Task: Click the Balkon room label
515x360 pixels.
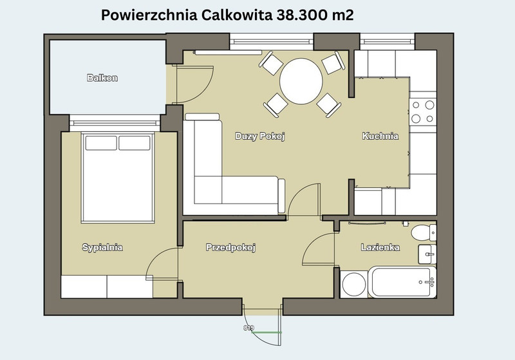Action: click(x=102, y=78)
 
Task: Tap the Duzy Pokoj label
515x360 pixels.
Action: click(x=260, y=136)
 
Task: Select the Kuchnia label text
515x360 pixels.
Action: click(x=380, y=136)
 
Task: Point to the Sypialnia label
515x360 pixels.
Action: click(x=102, y=247)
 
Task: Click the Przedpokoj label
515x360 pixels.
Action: click(x=230, y=247)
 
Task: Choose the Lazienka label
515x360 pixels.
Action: click(x=380, y=247)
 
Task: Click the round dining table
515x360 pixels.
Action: click(x=301, y=81)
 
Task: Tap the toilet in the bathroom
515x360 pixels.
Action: click(x=424, y=232)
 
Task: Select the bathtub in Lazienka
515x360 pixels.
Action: click(x=402, y=282)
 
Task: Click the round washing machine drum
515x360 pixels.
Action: click(x=353, y=285)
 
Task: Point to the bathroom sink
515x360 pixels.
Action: click(x=427, y=254)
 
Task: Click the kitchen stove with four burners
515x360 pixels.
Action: click(x=423, y=111)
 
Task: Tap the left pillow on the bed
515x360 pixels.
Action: click(x=101, y=143)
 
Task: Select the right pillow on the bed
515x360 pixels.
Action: click(x=135, y=143)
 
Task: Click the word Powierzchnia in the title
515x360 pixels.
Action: click(x=149, y=15)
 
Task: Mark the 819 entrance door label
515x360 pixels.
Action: click(x=248, y=328)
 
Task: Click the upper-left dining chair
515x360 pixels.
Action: click(x=271, y=63)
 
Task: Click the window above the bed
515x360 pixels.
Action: click(x=115, y=123)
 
